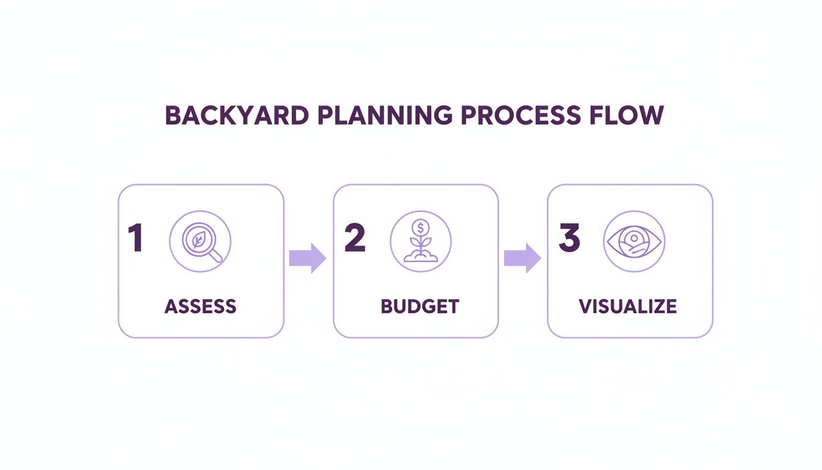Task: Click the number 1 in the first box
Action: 135,238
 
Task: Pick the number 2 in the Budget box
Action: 355,238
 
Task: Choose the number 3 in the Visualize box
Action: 569,238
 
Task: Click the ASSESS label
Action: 201,306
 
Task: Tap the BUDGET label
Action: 420,306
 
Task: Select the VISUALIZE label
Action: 628,306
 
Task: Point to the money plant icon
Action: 420,241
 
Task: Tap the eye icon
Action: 634,241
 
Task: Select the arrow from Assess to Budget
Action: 307,258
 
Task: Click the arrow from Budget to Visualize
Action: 522,258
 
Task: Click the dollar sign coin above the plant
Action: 420,228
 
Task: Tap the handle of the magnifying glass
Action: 215,256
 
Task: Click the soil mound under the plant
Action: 420,257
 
